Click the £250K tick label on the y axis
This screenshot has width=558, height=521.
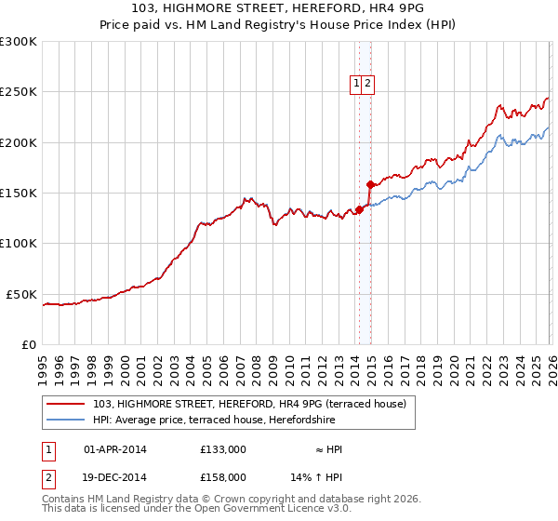pos(19,92)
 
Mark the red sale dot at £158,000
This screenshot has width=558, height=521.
pos(370,184)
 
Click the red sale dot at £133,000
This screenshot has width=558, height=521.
pos(359,209)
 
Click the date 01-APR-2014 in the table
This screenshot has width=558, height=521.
pos(115,449)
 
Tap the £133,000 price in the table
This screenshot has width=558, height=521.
pos(223,449)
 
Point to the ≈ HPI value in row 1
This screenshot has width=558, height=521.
pos(328,449)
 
